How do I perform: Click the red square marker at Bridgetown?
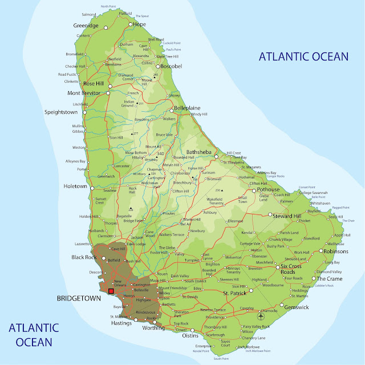(x=111, y=291)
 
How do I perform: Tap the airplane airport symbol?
(x=261, y=316)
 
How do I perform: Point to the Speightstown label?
(x=64, y=112)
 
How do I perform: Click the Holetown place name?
(x=75, y=186)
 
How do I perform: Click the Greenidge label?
(x=86, y=26)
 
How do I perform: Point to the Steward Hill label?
(x=287, y=216)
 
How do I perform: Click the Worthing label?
(x=153, y=328)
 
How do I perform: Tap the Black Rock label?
(x=85, y=257)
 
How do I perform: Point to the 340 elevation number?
(x=160, y=153)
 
